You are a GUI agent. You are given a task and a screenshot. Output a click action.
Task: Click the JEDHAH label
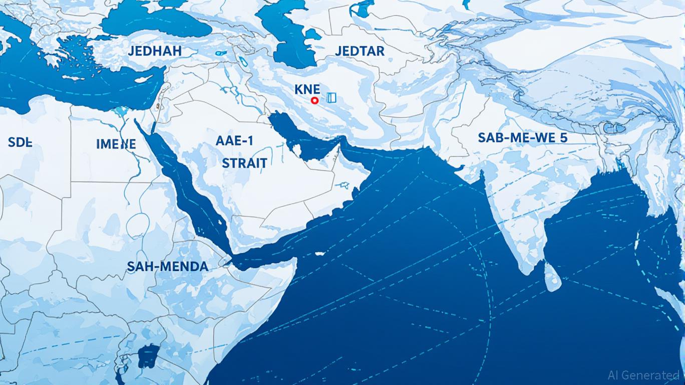[155, 51]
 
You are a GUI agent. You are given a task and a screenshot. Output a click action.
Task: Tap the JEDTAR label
[360, 51]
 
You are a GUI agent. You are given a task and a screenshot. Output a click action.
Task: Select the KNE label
[307, 89]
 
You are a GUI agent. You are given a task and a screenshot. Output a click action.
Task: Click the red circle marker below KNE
[314, 101]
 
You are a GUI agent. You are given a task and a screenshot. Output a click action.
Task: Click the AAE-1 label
[234, 141]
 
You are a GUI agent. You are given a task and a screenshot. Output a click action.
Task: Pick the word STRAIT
[244, 162]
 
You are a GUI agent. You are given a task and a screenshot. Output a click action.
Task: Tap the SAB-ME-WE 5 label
[523, 138]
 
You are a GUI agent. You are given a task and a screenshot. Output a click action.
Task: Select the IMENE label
[116, 144]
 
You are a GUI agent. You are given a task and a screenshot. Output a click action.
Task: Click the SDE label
[20, 142]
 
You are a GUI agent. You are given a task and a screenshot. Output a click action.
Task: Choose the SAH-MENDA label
[167, 266]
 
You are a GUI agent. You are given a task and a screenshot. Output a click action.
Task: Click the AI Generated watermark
[643, 375]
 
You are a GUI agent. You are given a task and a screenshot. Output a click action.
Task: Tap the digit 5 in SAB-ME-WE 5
[564, 138]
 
